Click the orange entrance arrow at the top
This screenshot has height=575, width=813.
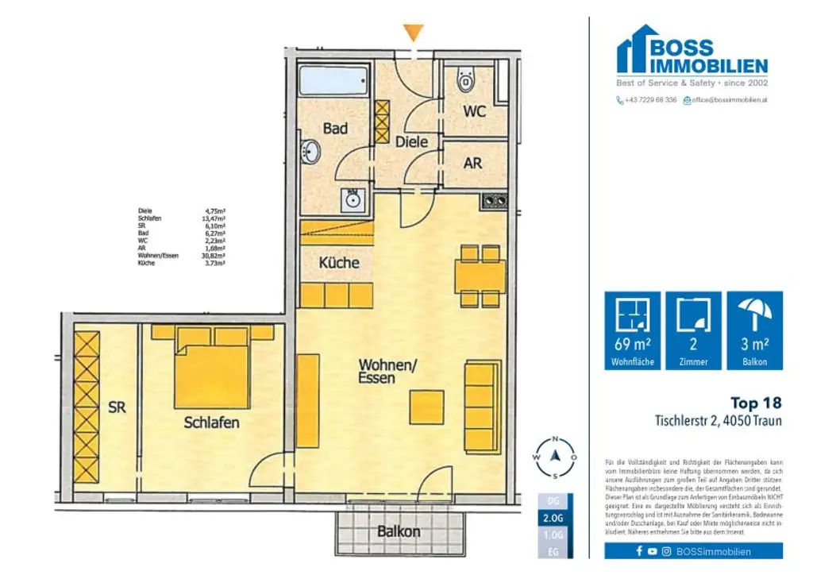(x=412, y=33)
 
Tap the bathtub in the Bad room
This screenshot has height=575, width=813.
(x=333, y=81)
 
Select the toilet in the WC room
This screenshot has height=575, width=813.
(x=465, y=80)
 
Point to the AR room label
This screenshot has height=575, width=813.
(x=473, y=163)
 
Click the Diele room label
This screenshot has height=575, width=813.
(x=412, y=141)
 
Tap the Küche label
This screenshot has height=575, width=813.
(x=338, y=262)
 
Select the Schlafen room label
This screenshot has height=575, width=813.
(x=211, y=423)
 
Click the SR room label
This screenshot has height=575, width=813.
(x=117, y=407)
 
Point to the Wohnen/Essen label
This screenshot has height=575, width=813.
(x=387, y=371)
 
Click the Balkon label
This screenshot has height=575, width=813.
(x=399, y=531)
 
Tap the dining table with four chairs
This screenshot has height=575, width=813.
(x=480, y=276)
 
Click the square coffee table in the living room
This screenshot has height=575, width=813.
(x=426, y=407)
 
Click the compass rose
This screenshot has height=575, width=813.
(x=556, y=457)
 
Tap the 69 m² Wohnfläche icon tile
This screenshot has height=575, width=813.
(x=632, y=330)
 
